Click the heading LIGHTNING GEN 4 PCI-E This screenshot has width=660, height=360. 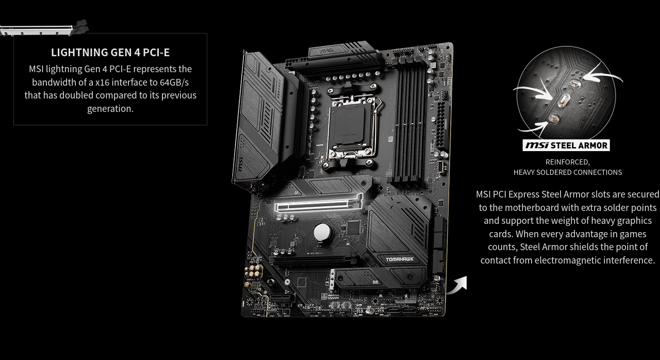(x=110, y=53)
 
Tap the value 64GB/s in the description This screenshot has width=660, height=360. (x=174, y=82)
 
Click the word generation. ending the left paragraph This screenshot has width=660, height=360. (x=110, y=109)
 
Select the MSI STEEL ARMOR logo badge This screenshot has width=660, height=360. (x=566, y=145)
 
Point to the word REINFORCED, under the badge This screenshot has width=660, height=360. (x=568, y=162)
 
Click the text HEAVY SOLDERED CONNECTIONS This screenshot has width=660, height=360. (x=568, y=172)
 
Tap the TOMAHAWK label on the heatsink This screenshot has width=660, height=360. (x=400, y=259)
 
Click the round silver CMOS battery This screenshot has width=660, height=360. (x=323, y=232)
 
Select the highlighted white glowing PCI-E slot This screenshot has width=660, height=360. (x=319, y=203)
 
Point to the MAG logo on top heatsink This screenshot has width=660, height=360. (x=327, y=51)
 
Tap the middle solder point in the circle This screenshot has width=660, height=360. (x=564, y=100)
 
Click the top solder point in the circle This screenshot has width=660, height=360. (x=575, y=84)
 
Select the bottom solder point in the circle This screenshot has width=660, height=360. (x=554, y=119)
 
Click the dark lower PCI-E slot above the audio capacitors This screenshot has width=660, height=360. (x=313, y=261)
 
